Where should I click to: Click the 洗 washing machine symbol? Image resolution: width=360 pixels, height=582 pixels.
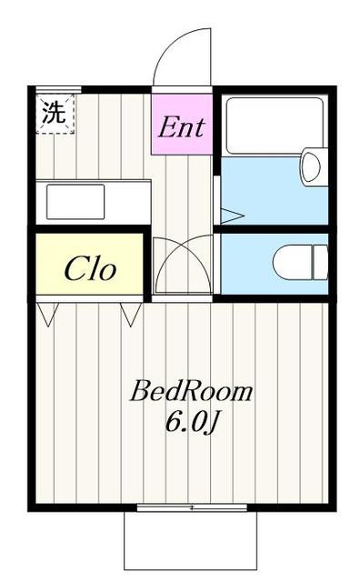coord(55,113)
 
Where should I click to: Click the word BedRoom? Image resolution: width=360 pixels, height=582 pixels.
coord(191,391)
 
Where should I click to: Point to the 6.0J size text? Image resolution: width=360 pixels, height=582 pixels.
coord(191,422)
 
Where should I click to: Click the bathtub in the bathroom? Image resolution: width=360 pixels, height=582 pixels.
coord(275,125)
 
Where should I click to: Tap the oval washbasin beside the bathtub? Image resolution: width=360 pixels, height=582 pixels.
coord(313,166)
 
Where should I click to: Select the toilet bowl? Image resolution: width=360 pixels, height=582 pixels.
coord(293,263)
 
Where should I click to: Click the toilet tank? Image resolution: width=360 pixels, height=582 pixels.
coord(321,263)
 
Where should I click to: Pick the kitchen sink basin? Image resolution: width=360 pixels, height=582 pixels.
coord(75,202)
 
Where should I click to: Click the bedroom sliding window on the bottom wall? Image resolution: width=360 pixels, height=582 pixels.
coord(192,507)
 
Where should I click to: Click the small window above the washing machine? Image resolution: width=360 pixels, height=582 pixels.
coord(59,89)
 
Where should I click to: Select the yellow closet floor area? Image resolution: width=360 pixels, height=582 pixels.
coord(89,264)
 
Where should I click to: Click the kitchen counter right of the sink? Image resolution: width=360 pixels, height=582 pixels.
coord(128,202)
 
